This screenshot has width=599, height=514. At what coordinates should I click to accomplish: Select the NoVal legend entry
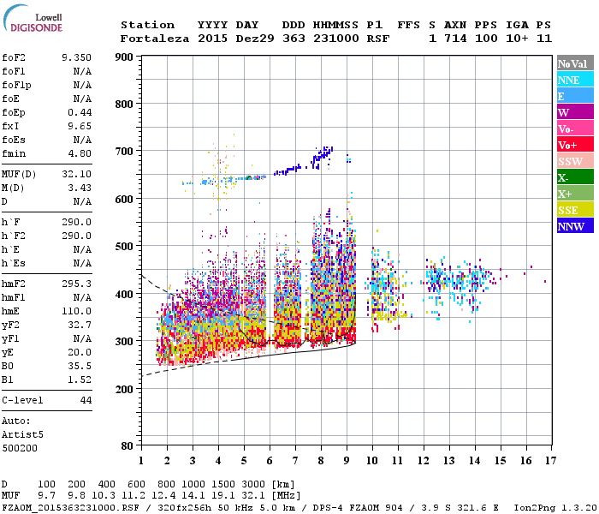[x=573, y=63]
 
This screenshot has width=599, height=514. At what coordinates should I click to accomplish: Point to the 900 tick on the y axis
[x=124, y=57]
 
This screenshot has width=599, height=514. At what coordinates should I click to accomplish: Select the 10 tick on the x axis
[x=371, y=461]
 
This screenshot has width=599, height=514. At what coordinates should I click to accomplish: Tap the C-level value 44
[x=86, y=400]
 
